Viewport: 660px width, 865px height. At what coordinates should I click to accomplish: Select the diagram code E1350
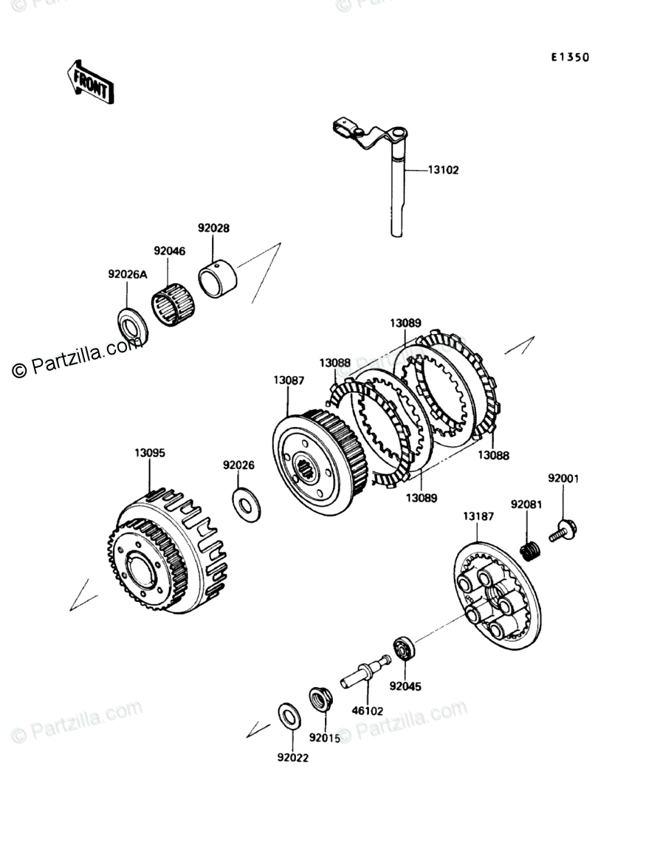[x=568, y=58]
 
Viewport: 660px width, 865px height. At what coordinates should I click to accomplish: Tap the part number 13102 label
[x=443, y=170]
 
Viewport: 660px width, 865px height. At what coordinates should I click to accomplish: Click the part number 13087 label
[x=288, y=380]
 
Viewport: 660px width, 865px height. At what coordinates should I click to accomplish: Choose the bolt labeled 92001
[x=564, y=530]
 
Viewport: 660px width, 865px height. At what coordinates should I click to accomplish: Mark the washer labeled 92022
[x=289, y=716]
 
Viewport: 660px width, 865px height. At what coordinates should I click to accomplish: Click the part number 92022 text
[x=293, y=757]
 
